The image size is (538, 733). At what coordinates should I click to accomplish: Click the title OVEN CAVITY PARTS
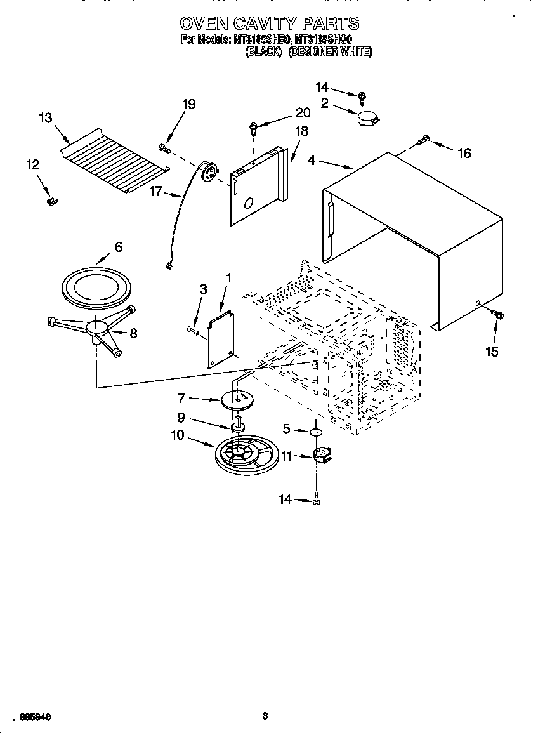tap(269, 24)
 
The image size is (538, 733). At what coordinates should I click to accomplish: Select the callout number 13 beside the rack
tap(45, 118)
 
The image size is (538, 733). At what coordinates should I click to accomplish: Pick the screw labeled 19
tap(164, 148)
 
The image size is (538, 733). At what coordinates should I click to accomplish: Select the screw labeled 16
tap(424, 140)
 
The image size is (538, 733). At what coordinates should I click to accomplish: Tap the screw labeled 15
tap(497, 315)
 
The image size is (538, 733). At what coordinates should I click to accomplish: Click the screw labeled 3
tap(192, 329)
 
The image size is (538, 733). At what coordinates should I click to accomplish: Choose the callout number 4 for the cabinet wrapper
tap(312, 162)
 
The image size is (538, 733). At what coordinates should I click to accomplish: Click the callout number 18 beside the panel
tap(302, 131)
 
